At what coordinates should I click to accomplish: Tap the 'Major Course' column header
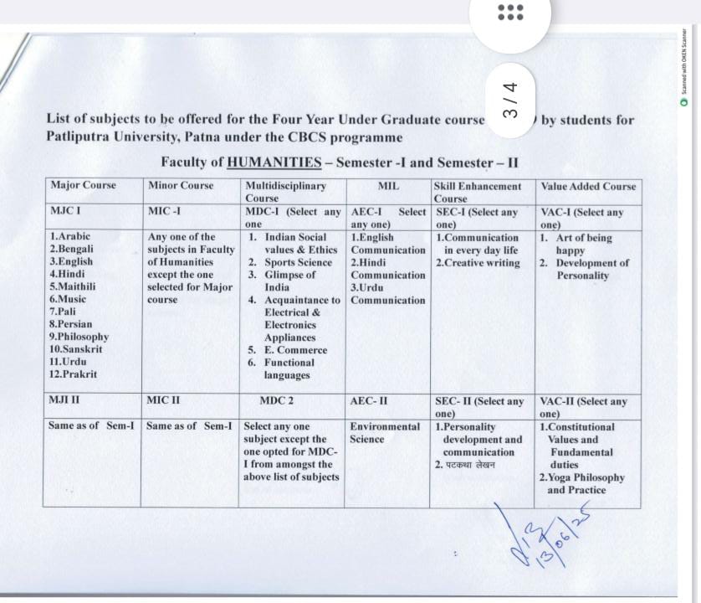tap(83, 185)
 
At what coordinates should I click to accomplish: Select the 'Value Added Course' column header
tap(588, 186)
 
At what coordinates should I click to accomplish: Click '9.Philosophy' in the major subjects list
tap(79, 337)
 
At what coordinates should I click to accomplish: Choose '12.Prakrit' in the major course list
tap(73, 374)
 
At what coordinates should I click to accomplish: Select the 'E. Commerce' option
tap(296, 350)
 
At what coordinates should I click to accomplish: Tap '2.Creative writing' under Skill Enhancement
tap(478, 262)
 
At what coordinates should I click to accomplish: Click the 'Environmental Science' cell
tap(385, 432)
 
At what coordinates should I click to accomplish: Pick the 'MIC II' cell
tap(163, 400)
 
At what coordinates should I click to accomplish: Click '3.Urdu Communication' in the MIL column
tap(387, 294)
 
